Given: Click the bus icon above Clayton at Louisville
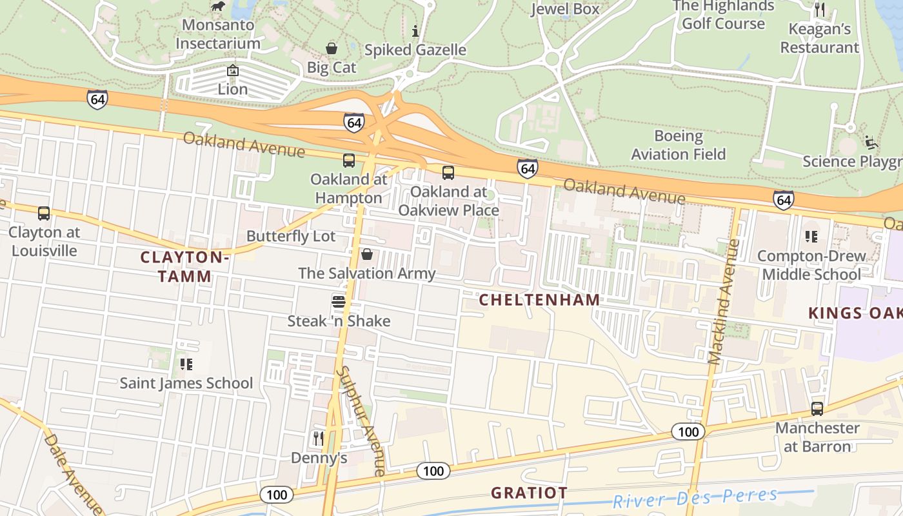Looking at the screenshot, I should point(44,213).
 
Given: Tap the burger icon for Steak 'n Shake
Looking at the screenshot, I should point(339,301).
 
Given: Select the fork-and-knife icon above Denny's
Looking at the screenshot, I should point(319,439).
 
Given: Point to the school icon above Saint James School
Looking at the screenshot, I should point(186,364).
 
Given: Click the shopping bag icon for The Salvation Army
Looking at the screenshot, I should point(367,254).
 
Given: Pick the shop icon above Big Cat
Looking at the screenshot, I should point(332,48).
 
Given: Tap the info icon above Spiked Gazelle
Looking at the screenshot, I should point(415,30).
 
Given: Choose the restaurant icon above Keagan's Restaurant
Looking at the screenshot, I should point(820,10).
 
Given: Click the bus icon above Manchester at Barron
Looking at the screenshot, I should point(817,409).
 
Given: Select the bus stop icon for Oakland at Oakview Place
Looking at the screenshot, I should point(448,173).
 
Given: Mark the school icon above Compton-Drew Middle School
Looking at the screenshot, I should point(811,237).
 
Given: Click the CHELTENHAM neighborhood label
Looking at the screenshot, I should point(539,300).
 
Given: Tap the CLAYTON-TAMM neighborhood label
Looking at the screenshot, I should point(184,266).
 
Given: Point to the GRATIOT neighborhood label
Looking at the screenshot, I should point(529,493).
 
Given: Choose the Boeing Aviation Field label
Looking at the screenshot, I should point(678,145).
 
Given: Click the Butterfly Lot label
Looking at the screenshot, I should point(291,236).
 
